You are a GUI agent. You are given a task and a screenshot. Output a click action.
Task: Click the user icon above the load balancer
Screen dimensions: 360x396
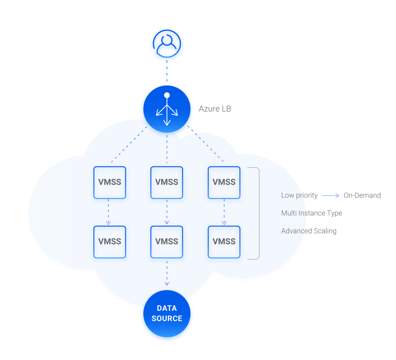(x=167, y=45)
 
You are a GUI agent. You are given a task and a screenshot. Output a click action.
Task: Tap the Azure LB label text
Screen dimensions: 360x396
(x=215, y=109)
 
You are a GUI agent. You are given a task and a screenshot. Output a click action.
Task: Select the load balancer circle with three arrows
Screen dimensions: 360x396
(x=167, y=110)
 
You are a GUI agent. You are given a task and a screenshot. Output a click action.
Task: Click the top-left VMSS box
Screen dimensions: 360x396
(x=110, y=182)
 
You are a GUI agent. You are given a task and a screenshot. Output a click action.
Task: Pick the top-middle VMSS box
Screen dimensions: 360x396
(x=167, y=182)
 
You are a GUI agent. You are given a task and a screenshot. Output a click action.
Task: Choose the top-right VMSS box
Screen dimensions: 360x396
(x=224, y=182)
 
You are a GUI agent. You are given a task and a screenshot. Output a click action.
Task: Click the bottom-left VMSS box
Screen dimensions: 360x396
(x=110, y=242)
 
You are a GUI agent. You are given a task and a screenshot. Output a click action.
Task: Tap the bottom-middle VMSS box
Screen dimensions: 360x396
(x=167, y=242)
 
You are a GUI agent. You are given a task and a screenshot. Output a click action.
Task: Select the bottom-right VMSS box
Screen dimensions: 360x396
(x=224, y=242)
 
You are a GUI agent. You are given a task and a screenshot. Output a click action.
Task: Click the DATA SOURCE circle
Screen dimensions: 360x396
(x=167, y=314)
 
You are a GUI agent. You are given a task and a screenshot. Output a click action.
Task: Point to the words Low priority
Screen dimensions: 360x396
(x=299, y=195)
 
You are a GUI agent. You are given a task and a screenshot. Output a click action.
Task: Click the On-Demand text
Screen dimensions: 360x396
(x=362, y=195)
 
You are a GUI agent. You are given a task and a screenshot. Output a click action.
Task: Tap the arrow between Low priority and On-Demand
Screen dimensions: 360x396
(x=331, y=195)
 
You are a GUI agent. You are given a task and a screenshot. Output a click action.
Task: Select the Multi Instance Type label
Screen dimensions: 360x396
(x=311, y=213)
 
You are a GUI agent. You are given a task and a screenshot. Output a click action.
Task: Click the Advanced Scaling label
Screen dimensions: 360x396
(x=309, y=231)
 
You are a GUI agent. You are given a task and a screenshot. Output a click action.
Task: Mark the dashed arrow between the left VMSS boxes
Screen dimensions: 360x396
(x=109, y=212)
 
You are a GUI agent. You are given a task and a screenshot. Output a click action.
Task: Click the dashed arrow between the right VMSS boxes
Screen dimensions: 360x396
(x=224, y=212)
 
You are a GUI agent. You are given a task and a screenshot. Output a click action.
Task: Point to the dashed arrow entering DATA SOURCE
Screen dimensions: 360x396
(x=167, y=273)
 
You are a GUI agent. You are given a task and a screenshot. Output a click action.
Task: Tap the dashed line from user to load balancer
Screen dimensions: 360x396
(x=167, y=72)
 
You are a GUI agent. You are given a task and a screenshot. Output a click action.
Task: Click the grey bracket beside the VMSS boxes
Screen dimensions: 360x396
(x=258, y=213)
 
